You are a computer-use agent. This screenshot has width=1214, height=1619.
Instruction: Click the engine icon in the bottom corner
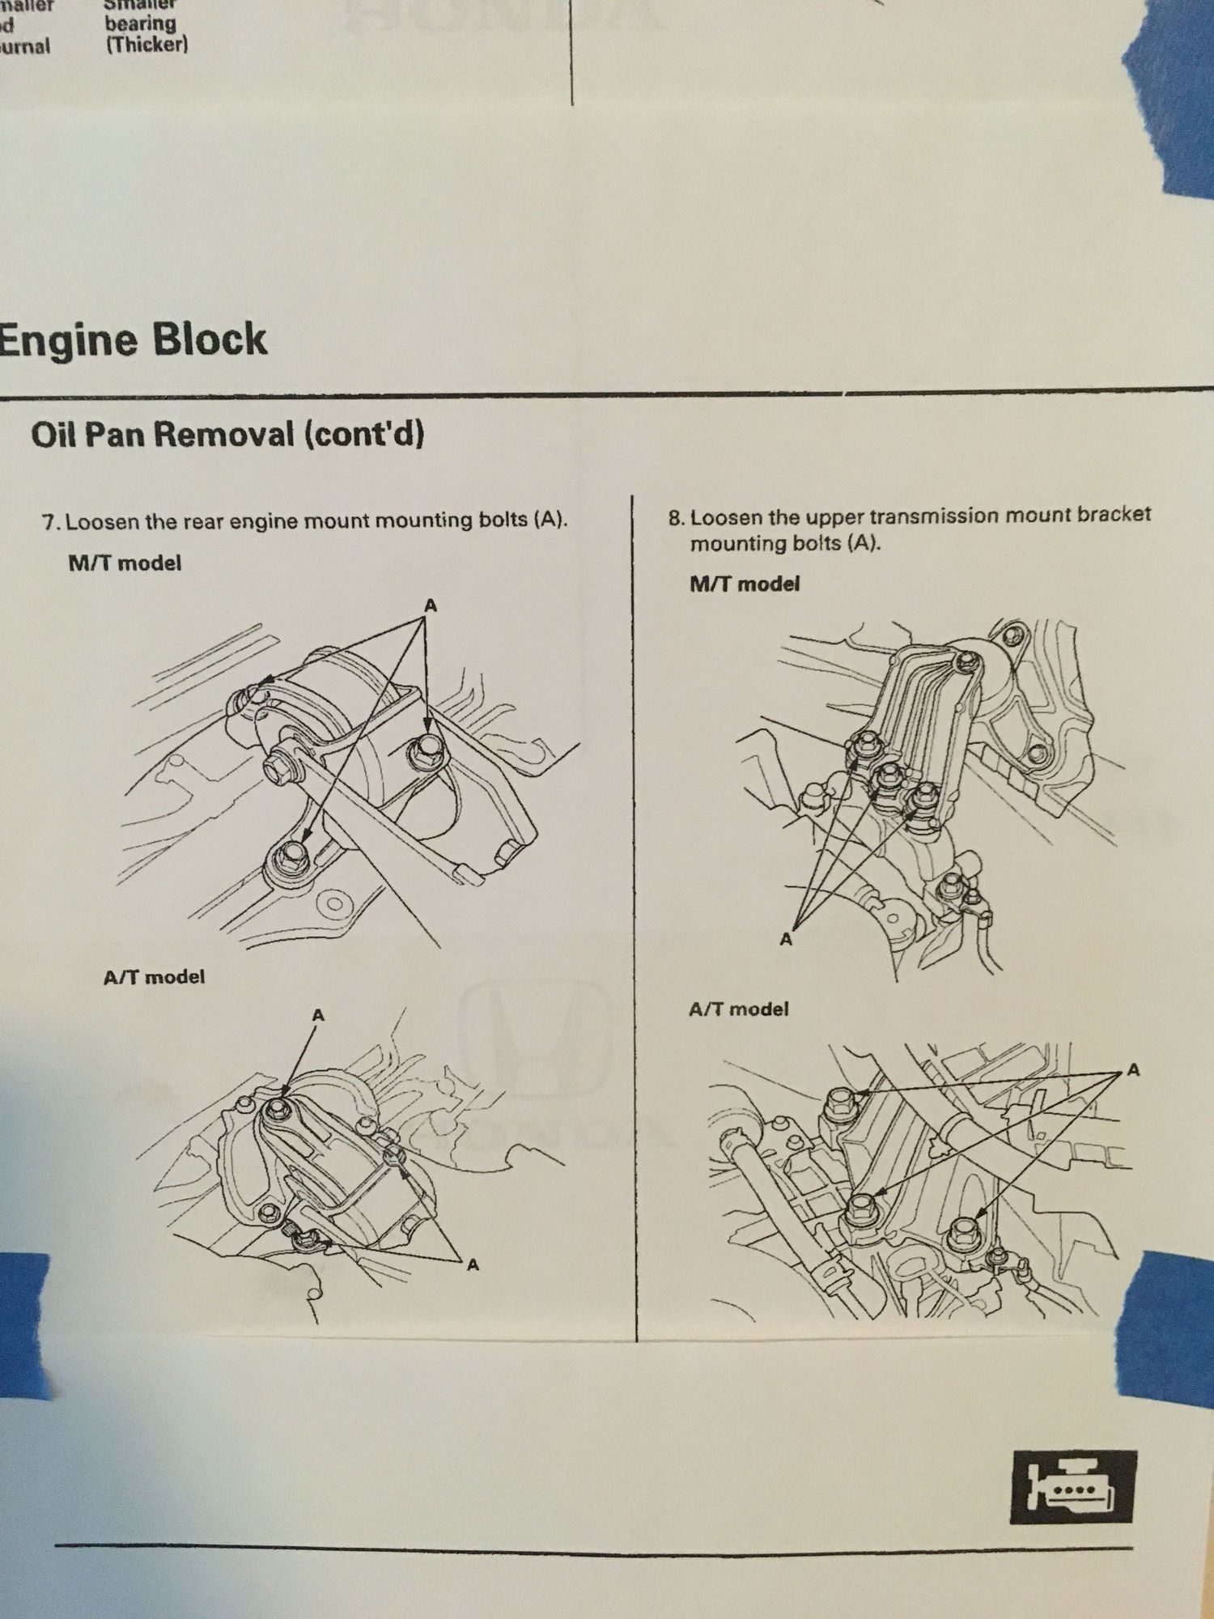click(1072, 1487)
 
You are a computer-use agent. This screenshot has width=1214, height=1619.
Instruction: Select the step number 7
click(49, 521)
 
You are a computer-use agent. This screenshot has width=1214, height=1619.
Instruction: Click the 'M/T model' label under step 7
click(125, 563)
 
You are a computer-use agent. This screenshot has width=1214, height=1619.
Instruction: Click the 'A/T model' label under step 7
click(154, 977)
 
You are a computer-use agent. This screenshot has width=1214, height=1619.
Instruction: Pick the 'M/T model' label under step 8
click(745, 584)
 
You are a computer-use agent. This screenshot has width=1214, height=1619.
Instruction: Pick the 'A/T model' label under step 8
click(738, 1009)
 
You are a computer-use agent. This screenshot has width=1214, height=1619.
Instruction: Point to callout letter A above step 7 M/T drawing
click(431, 605)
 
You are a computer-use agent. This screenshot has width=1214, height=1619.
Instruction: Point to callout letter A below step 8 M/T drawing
click(785, 939)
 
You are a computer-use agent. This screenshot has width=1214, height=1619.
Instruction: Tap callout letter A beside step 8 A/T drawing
click(1133, 1070)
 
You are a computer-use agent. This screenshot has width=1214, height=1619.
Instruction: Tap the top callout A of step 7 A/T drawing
click(318, 1014)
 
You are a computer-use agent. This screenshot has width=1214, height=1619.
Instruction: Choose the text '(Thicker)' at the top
click(146, 45)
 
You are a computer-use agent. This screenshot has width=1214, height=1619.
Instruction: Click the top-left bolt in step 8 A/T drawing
click(838, 1103)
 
